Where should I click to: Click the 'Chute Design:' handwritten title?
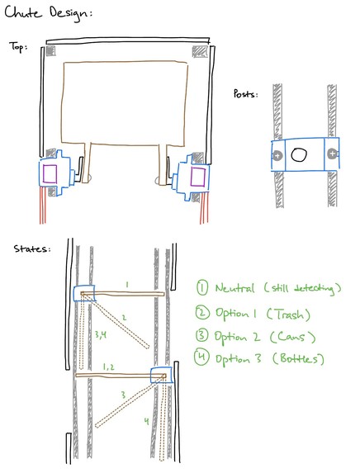click(x=48, y=14)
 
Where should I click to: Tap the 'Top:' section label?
click(x=18, y=47)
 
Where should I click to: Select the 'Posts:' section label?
click(x=245, y=94)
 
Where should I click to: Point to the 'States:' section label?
click(x=31, y=248)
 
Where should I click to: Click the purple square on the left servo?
click(x=50, y=173)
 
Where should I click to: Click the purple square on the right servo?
click(x=198, y=177)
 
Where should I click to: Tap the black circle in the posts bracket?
click(x=299, y=154)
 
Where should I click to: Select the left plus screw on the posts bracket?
click(x=277, y=156)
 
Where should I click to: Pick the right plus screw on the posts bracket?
click(x=332, y=154)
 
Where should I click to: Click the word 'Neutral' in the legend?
click(x=234, y=288)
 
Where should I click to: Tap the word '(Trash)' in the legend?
click(x=288, y=315)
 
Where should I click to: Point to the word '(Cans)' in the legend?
click(x=292, y=337)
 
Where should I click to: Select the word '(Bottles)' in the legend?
click(x=298, y=359)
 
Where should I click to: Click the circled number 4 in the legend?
click(x=201, y=357)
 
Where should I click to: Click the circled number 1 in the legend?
click(x=201, y=288)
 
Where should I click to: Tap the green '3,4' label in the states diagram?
click(x=101, y=334)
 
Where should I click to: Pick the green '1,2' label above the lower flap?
click(x=108, y=367)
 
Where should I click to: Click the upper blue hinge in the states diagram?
click(x=84, y=293)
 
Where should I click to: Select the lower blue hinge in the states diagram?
click(x=162, y=376)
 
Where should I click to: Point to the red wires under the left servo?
click(x=43, y=206)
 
